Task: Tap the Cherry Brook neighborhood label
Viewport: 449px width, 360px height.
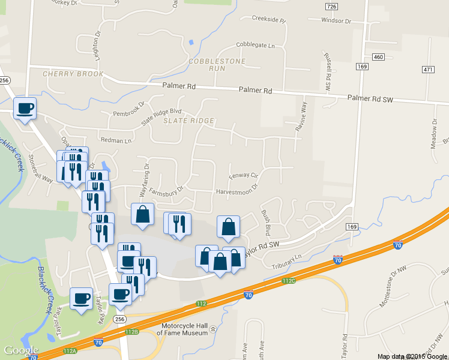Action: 73,74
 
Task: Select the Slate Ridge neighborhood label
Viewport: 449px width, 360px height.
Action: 188,121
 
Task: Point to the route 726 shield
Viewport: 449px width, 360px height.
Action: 331,6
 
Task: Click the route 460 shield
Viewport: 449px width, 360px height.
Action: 378,57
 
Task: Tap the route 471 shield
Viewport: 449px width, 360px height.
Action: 427,70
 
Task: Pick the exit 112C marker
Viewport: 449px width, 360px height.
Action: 289,281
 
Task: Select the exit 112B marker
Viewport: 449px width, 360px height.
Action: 132,331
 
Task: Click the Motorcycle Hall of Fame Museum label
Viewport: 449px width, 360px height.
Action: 184,329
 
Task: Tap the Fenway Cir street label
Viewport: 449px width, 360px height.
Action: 243,176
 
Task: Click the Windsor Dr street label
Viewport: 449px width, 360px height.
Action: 336,21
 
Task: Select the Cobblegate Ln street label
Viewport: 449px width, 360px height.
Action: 255,46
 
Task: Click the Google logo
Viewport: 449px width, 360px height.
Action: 21,350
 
